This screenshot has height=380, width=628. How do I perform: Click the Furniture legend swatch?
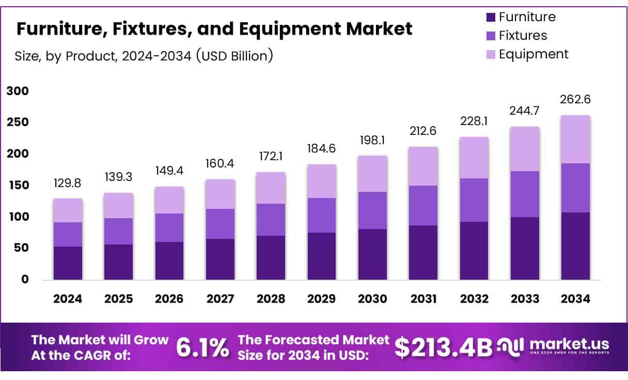pyautogui.click(x=491, y=18)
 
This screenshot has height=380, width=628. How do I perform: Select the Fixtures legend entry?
pyautogui.click(x=523, y=36)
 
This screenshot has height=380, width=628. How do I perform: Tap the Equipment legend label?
pyautogui.click(x=533, y=54)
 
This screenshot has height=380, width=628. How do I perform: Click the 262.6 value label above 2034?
pyautogui.click(x=575, y=100)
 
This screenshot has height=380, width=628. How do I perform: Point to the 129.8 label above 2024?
pyautogui.click(x=68, y=184)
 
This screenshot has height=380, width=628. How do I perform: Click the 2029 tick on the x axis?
pyautogui.click(x=321, y=299)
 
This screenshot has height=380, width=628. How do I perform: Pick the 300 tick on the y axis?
pyautogui.click(x=17, y=92)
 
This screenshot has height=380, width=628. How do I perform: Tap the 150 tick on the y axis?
pyautogui.click(x=17, y=186)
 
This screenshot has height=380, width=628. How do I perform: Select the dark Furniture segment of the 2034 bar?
pyautogui.click(x=575, y=246)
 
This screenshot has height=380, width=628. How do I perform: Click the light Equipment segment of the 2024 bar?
pyautogui.click(x=68, y=210)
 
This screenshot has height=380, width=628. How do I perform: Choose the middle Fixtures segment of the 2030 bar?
pyautogui.click(x=372, y=210)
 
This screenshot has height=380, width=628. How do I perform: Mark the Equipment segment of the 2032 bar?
pyautogui.click(x=474, y=158)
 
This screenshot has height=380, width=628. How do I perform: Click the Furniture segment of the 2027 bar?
pyautogui.click(x=220, y=259)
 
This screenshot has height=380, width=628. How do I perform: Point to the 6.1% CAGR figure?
pyautogui.click(x=202, y=347)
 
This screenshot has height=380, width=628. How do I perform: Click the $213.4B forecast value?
pyautogui.click(x=444, y=347)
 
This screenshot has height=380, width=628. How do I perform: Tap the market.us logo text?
pyautogui.click(x=569, y=344)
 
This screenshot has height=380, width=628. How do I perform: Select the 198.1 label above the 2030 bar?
pyautogui.click(x=372, y=140)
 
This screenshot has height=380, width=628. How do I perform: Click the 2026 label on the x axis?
pyautogui.click(x=169, y=299)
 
